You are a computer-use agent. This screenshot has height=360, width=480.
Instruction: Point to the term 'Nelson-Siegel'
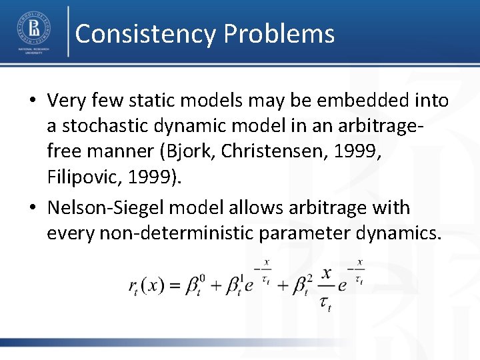click(105, 208)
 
